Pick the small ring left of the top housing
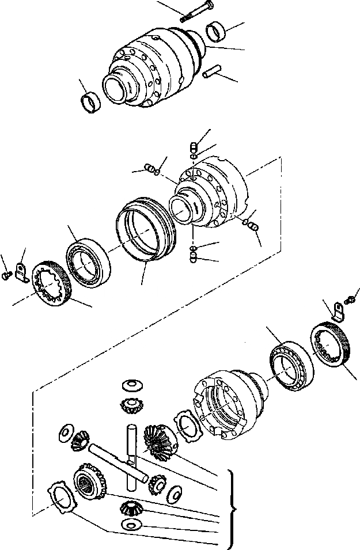point(91,102)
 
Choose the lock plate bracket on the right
point(338,313)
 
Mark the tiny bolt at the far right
point(351,299)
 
